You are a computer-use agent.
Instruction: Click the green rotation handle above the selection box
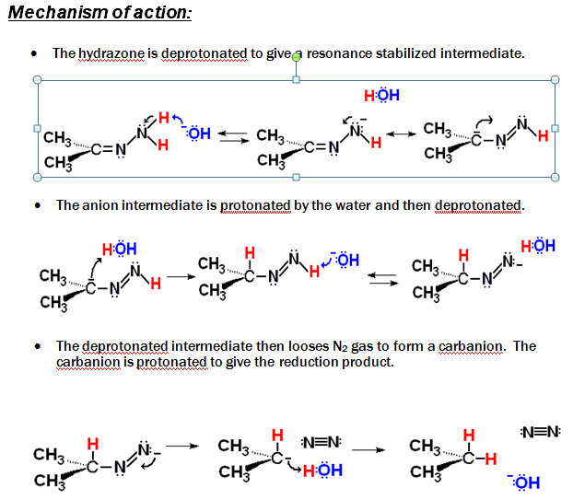tap(296, 57)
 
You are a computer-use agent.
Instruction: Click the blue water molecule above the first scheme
tap(381, 96)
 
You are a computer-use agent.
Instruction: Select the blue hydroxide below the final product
tap(523, 482)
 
